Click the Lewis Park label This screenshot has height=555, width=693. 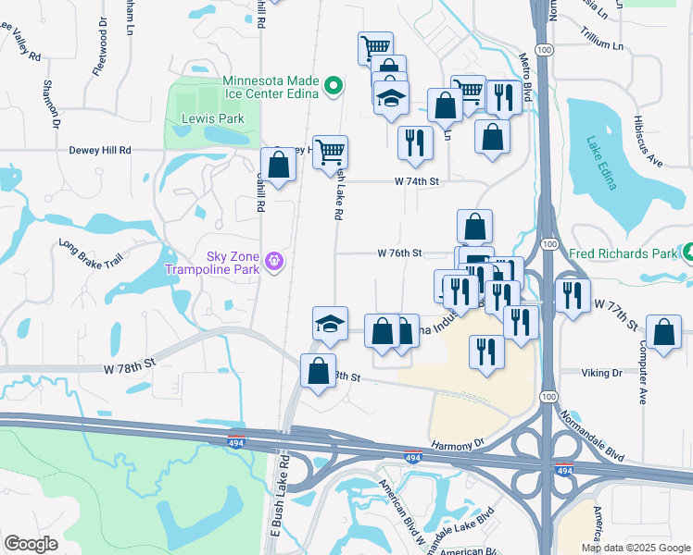point(199,119)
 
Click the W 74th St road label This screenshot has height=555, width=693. point(414,182)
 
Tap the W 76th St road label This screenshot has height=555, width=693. point(399,253)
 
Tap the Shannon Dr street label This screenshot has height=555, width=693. point(50,104)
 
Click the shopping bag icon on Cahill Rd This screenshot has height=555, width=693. point(279,165)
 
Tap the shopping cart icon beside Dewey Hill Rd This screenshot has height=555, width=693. point(330,151)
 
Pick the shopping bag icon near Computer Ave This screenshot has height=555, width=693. point(663,333)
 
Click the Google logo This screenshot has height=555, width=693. point(31,544)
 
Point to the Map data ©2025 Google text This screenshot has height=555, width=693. point(635,548)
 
